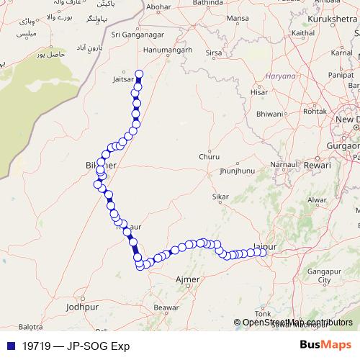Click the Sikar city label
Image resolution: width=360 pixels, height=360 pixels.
point(220,196)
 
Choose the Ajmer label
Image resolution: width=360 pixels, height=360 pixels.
point(188,277)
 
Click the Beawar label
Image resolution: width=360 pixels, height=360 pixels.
point(166,307)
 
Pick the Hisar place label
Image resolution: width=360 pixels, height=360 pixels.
point(258,92)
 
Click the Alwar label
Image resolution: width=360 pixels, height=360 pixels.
point(317,199)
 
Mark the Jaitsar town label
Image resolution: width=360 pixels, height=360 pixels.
point(124,80)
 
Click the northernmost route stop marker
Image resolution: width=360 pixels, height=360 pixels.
point(139,73)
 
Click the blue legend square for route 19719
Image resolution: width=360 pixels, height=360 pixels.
point(9,345)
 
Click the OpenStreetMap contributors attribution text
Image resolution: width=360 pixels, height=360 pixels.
point(297,323)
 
